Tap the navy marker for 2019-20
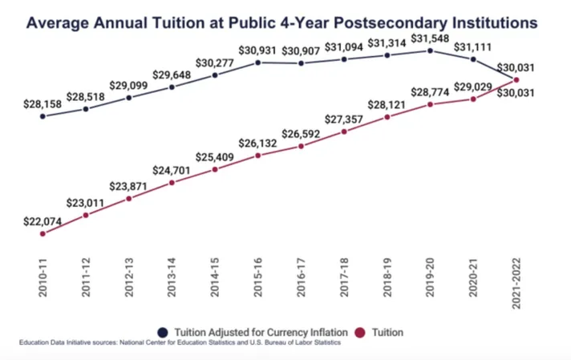pos(431,51)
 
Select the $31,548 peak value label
pos(431,38)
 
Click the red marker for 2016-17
pos(302,146)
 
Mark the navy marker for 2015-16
pos(258,61)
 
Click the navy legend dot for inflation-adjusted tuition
pos(163,331)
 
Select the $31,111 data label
pos(473,46)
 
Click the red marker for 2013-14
pos(172,183)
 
